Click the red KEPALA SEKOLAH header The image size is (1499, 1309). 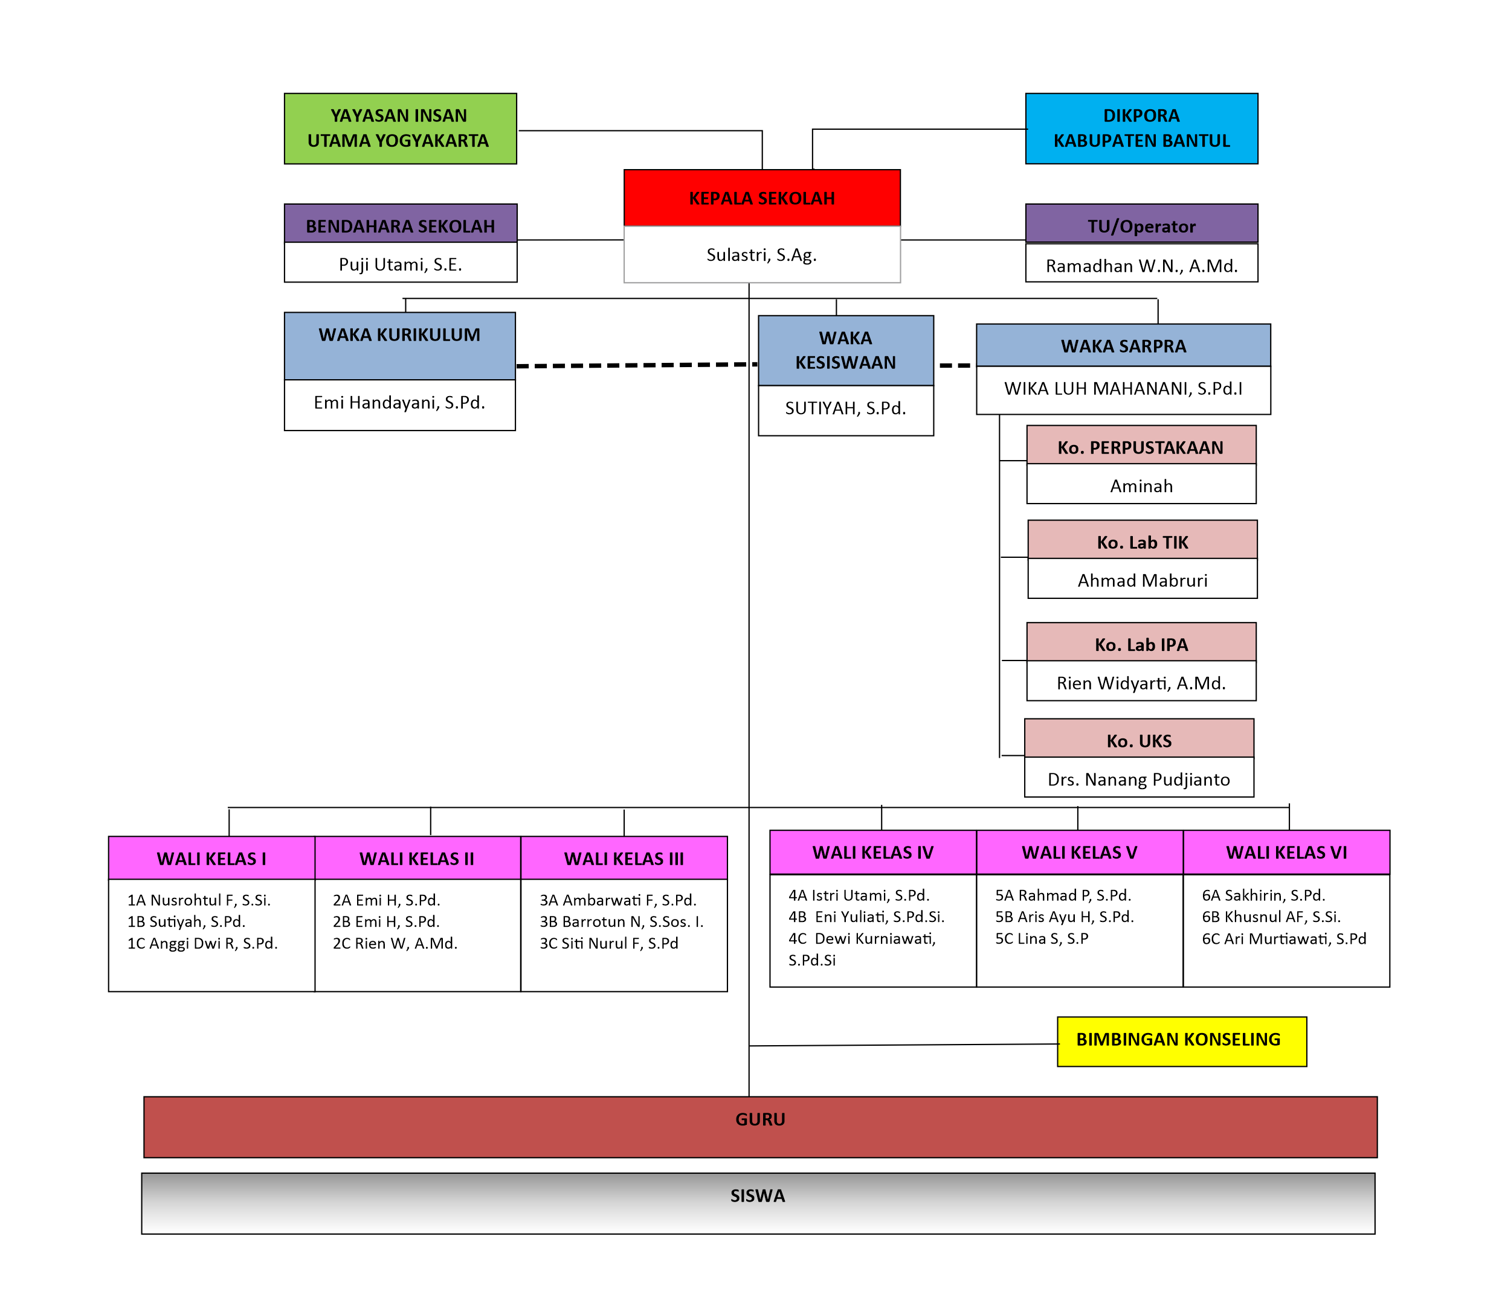point(761,198)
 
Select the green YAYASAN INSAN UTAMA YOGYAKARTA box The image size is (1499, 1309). point(400,129)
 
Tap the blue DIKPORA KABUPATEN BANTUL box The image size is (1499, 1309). point(1141,129)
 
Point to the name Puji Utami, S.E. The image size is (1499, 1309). point(400,264)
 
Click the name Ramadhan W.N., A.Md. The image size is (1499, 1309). point(1141,266)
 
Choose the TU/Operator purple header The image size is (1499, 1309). point(1141,226)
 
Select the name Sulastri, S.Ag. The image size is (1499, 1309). point(761,255)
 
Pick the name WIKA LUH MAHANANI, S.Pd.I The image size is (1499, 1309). point(1123,389)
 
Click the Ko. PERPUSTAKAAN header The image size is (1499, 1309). point(1140,448)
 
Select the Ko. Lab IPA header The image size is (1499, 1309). point(1141,645)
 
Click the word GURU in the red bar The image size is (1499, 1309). point(760,1119)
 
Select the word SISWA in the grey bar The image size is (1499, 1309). point(757,1195)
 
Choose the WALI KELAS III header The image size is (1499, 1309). point(624,859)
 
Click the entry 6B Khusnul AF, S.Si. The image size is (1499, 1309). point(1271,917)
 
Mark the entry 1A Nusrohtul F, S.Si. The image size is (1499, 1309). point(199,900)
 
